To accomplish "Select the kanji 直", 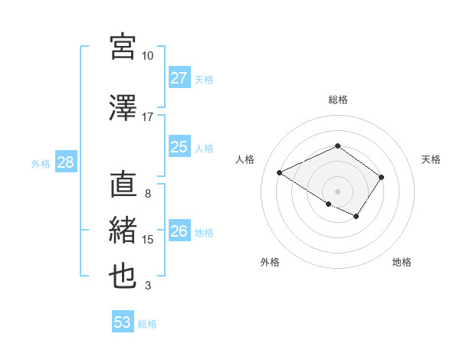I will (123, 185).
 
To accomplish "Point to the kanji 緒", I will (123, 231).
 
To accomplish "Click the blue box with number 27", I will (179, 78).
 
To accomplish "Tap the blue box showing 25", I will (179, 147).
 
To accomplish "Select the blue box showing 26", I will (179, 231).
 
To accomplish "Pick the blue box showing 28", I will (65, 162).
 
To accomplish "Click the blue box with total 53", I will (123, 322).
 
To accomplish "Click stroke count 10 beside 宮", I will (147, 56).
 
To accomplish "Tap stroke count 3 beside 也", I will (147, 286).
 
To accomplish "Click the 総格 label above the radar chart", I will (337, 100).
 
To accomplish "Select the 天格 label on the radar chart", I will (432, 159).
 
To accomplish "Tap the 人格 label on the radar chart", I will (245, 159).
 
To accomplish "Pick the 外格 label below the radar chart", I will (270, 262).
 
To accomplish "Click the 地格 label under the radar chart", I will (402, 262).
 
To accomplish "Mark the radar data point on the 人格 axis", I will (280, 172).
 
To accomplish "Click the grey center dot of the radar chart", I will (337, 191).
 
